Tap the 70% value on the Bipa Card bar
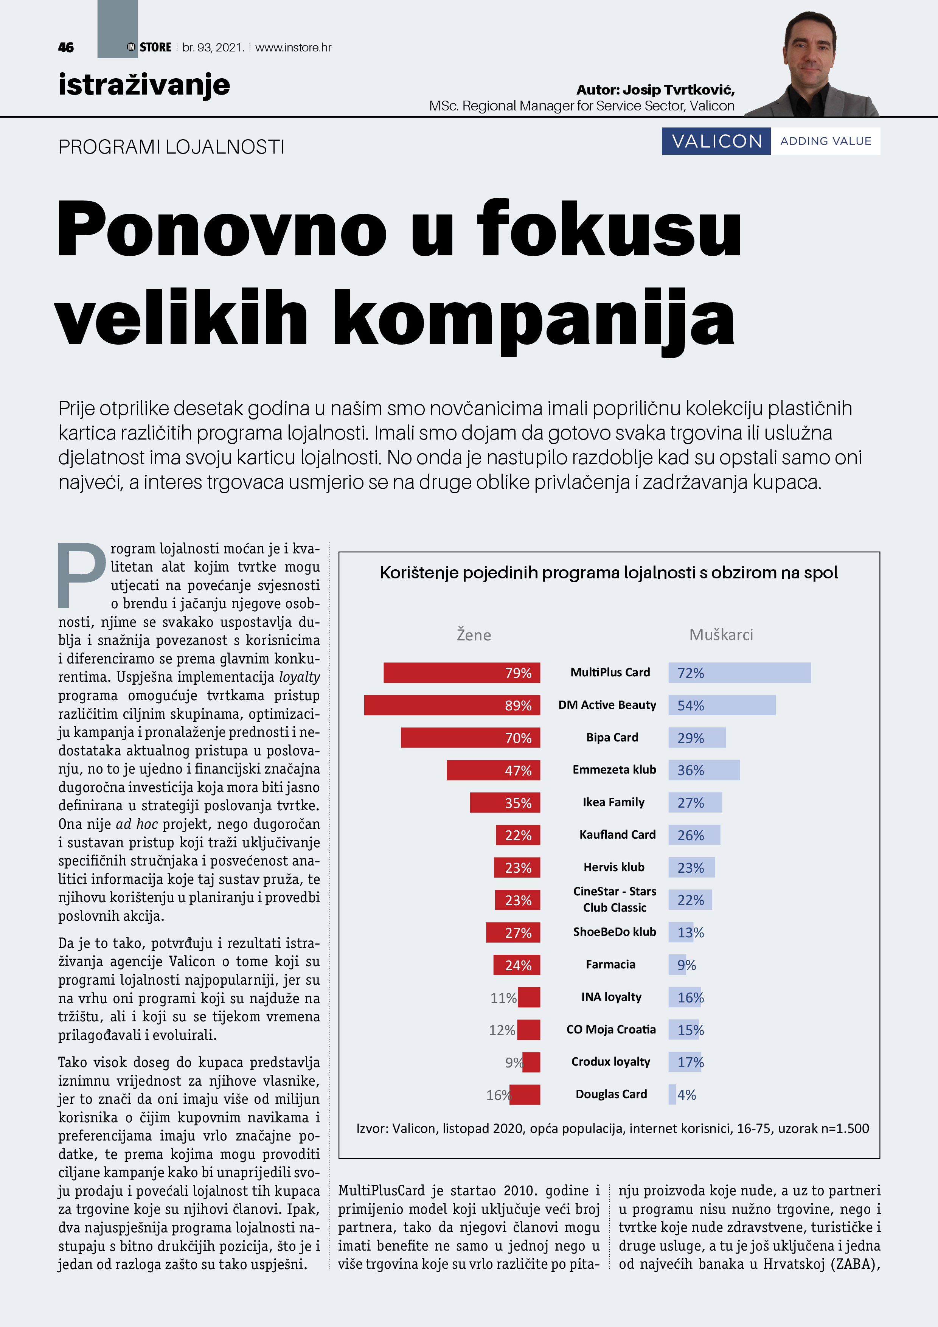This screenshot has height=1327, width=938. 518,738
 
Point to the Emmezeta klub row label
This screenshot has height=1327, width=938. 614,770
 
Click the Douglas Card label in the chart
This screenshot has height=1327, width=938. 611,1094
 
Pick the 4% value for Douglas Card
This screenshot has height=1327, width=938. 686,1095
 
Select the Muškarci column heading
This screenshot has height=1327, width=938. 721,635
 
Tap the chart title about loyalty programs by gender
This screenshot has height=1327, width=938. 609,573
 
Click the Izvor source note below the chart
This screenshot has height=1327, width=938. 612,1128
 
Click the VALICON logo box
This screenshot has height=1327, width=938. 716,141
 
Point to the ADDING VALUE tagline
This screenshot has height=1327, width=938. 825,141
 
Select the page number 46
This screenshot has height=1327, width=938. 66,47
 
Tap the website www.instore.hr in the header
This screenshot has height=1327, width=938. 293,47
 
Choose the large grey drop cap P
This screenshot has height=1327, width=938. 81,575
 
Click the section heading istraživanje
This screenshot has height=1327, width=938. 144,85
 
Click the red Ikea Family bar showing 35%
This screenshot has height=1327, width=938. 505,803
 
